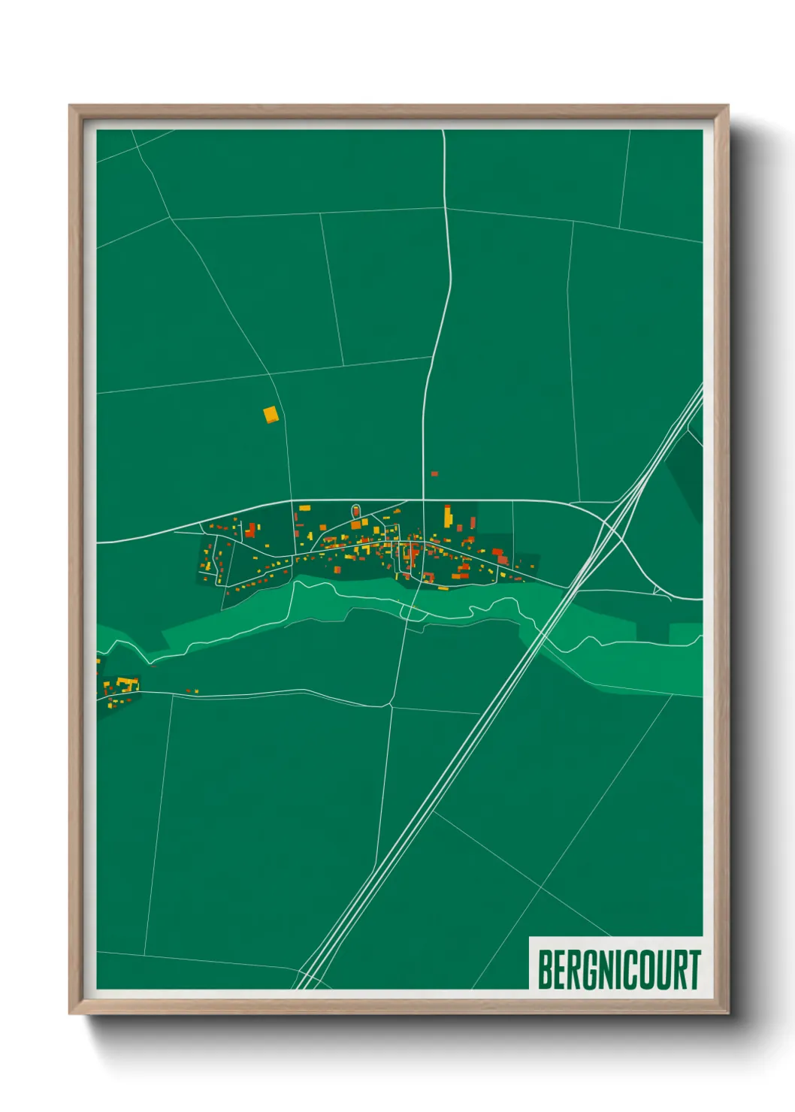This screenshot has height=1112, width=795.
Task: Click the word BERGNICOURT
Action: [618, 970]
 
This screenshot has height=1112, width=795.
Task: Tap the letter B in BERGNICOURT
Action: [545, 970]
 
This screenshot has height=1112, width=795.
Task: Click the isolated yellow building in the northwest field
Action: [271, 413]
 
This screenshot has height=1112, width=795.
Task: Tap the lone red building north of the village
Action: [434, 474]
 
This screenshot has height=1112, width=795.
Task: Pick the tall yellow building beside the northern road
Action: [448, 516]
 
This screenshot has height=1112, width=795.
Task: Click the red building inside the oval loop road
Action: [355, 512]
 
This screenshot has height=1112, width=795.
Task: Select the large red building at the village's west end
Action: [250, 530]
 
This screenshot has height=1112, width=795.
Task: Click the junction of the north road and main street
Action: [423, 500]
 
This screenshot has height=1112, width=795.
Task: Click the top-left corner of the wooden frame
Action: [70, 106]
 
